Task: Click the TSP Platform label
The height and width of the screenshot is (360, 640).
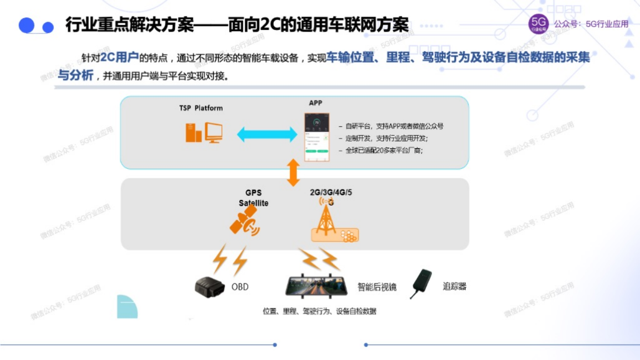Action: [x=201, y=108]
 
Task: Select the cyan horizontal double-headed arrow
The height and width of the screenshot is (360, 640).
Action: [x=267, y=134]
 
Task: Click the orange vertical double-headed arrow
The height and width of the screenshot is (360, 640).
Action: [x=293, y=172]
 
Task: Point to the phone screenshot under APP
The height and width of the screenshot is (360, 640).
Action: [x=317, y=137]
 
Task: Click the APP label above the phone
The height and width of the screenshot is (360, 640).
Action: [x=315, y=103]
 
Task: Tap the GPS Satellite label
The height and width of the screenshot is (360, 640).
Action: [x=253, y=198]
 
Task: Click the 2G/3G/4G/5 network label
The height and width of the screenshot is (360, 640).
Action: [x=331, y=193]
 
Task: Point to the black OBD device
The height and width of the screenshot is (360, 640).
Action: [x=211, y=287]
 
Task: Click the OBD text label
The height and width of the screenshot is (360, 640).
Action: [x=240, y=287]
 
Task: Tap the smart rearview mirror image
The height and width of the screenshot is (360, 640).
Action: [x=317, y=286]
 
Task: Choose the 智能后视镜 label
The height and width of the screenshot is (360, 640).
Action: [x=377, y=287]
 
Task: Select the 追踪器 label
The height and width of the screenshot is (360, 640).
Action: [x=454, y=286]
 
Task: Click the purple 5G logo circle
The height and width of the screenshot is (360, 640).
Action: [x=538, y=24]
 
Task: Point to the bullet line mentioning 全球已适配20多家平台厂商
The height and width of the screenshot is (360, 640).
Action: [x=384, y=150]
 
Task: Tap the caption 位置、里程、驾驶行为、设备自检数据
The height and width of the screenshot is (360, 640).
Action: [x=319, y=311]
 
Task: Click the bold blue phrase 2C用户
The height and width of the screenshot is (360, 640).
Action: [x=119, y=57]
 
